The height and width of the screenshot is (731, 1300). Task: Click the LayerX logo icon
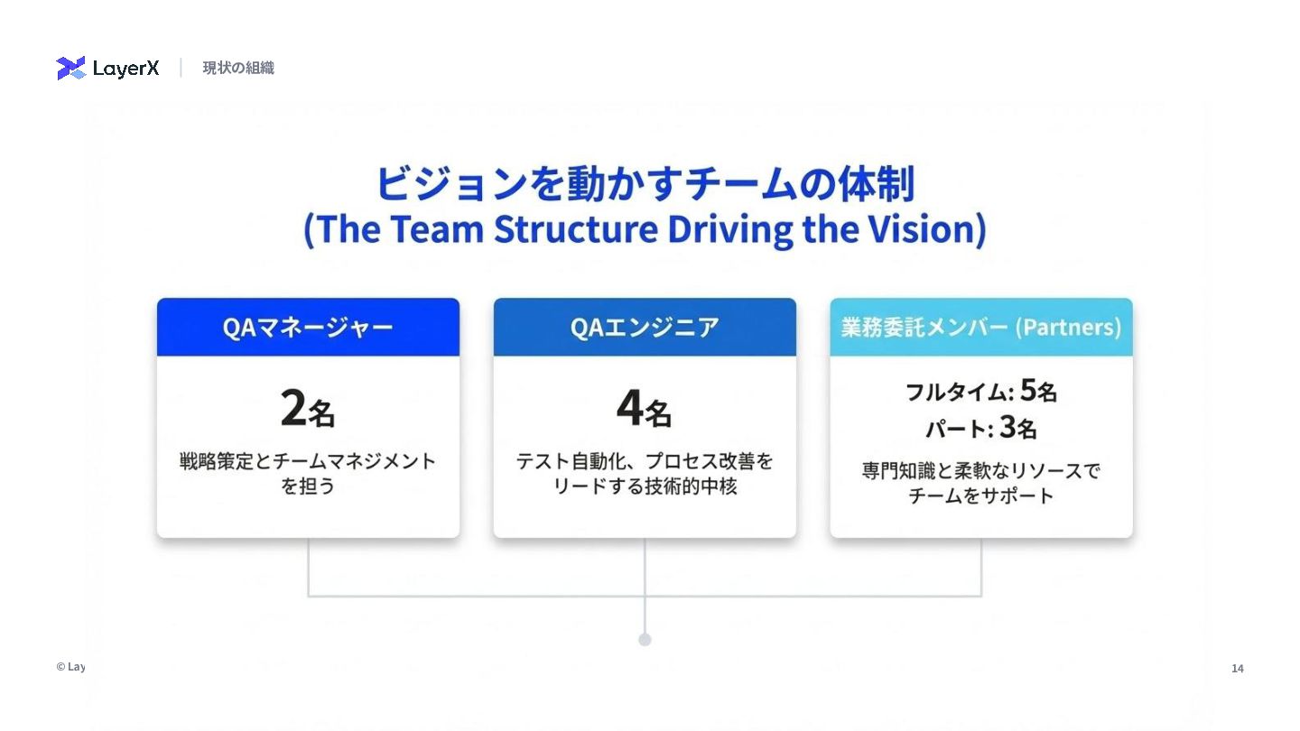70,68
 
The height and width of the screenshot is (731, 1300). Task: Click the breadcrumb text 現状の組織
238,68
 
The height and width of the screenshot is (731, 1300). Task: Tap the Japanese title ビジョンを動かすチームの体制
645,184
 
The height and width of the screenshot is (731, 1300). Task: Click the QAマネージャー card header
308,327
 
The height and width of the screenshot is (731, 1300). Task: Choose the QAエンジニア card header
645,327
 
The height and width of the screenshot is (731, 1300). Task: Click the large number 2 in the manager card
293,409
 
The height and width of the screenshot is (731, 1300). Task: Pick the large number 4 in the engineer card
630,409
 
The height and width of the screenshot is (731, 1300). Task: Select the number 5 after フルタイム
1028,390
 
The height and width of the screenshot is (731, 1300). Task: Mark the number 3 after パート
1007,427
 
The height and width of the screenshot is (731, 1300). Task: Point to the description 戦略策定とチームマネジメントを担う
308,473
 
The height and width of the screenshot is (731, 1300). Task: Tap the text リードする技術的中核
645,486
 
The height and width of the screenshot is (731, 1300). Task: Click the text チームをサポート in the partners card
980,495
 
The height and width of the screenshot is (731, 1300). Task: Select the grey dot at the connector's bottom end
645,640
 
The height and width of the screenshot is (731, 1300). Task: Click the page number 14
1238,669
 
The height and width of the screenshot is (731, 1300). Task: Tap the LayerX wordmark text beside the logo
125,69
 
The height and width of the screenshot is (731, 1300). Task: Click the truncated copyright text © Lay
70,667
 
